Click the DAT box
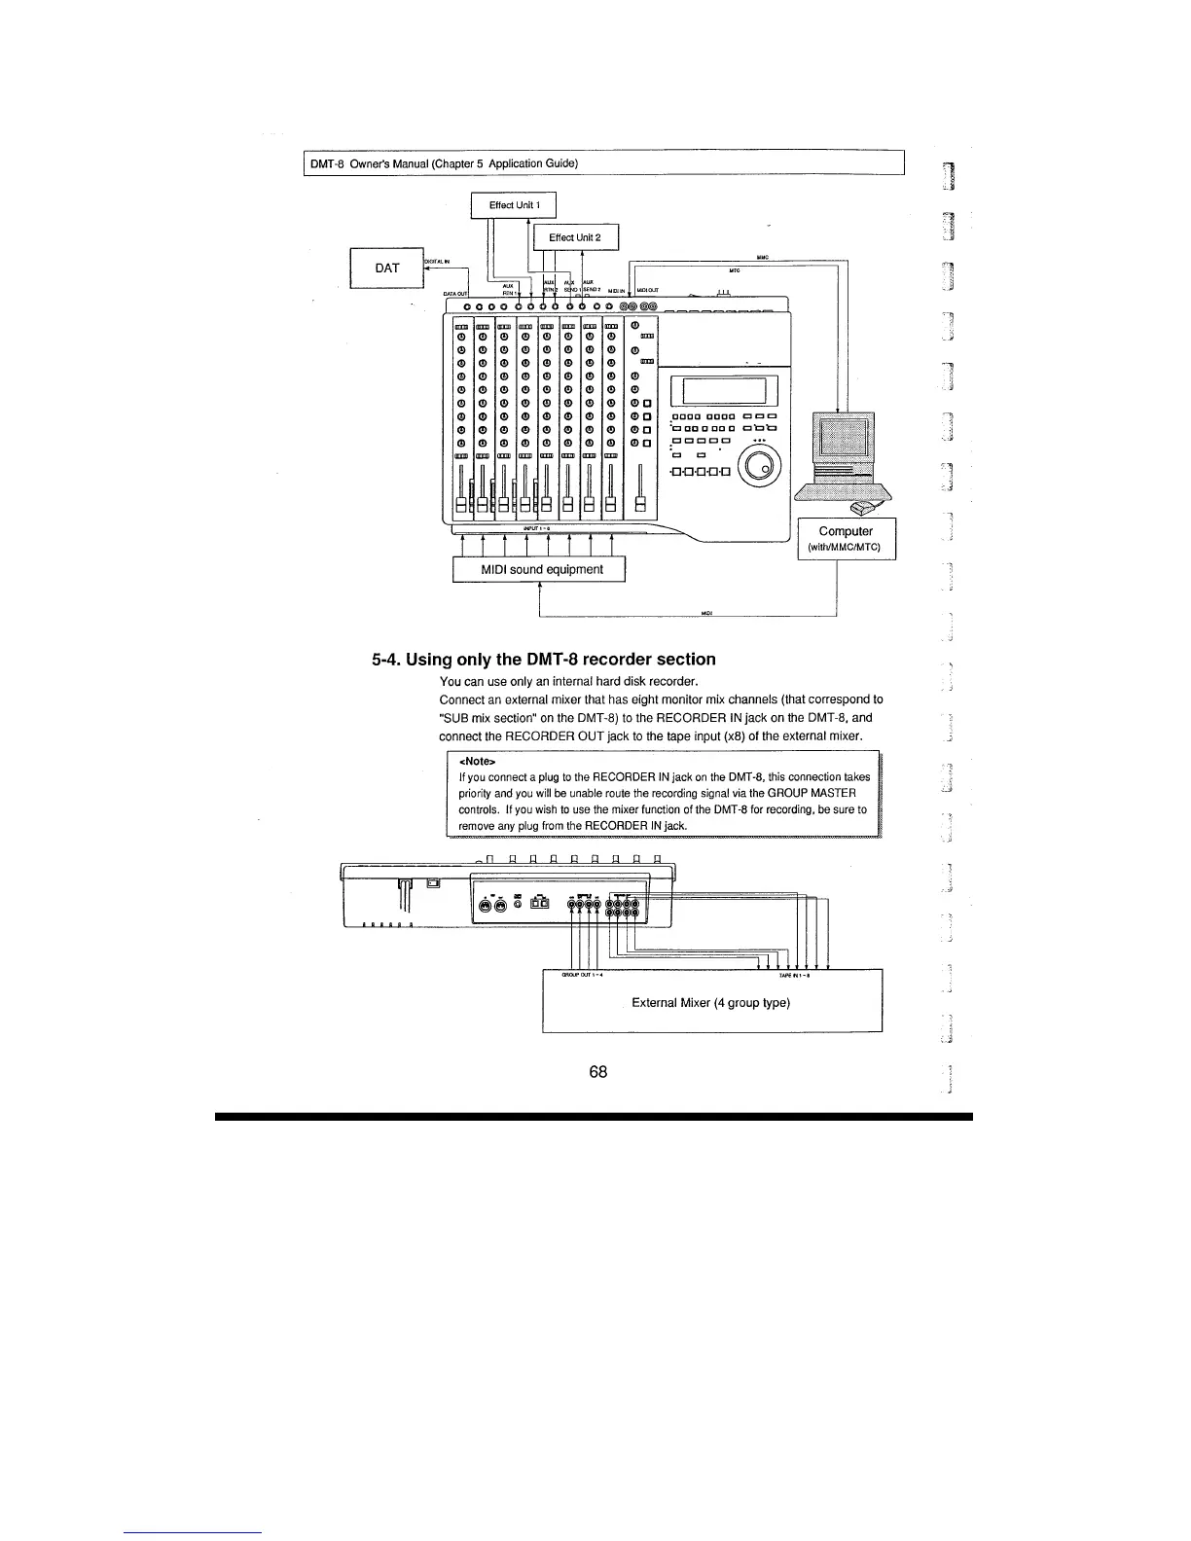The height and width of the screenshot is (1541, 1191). pos(386,269)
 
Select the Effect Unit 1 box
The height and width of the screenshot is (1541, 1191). pos(513,205)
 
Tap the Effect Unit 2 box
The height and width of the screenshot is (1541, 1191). pos(574,237)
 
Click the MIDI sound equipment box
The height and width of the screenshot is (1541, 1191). pos(538,569)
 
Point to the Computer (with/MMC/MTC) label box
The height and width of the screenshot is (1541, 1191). pos(846,538)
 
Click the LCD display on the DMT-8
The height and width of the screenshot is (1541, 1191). pos(731,391)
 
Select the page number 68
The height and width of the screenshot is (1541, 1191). pos(598,1071)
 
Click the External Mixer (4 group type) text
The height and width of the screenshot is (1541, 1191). pos(710,1002)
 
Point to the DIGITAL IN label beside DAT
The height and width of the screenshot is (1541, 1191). pos(436,261)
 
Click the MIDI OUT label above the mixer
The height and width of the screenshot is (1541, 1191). pos(649,290)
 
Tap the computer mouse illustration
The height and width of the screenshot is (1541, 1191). pos(863,507)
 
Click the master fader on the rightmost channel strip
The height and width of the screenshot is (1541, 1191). pos(640,501)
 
